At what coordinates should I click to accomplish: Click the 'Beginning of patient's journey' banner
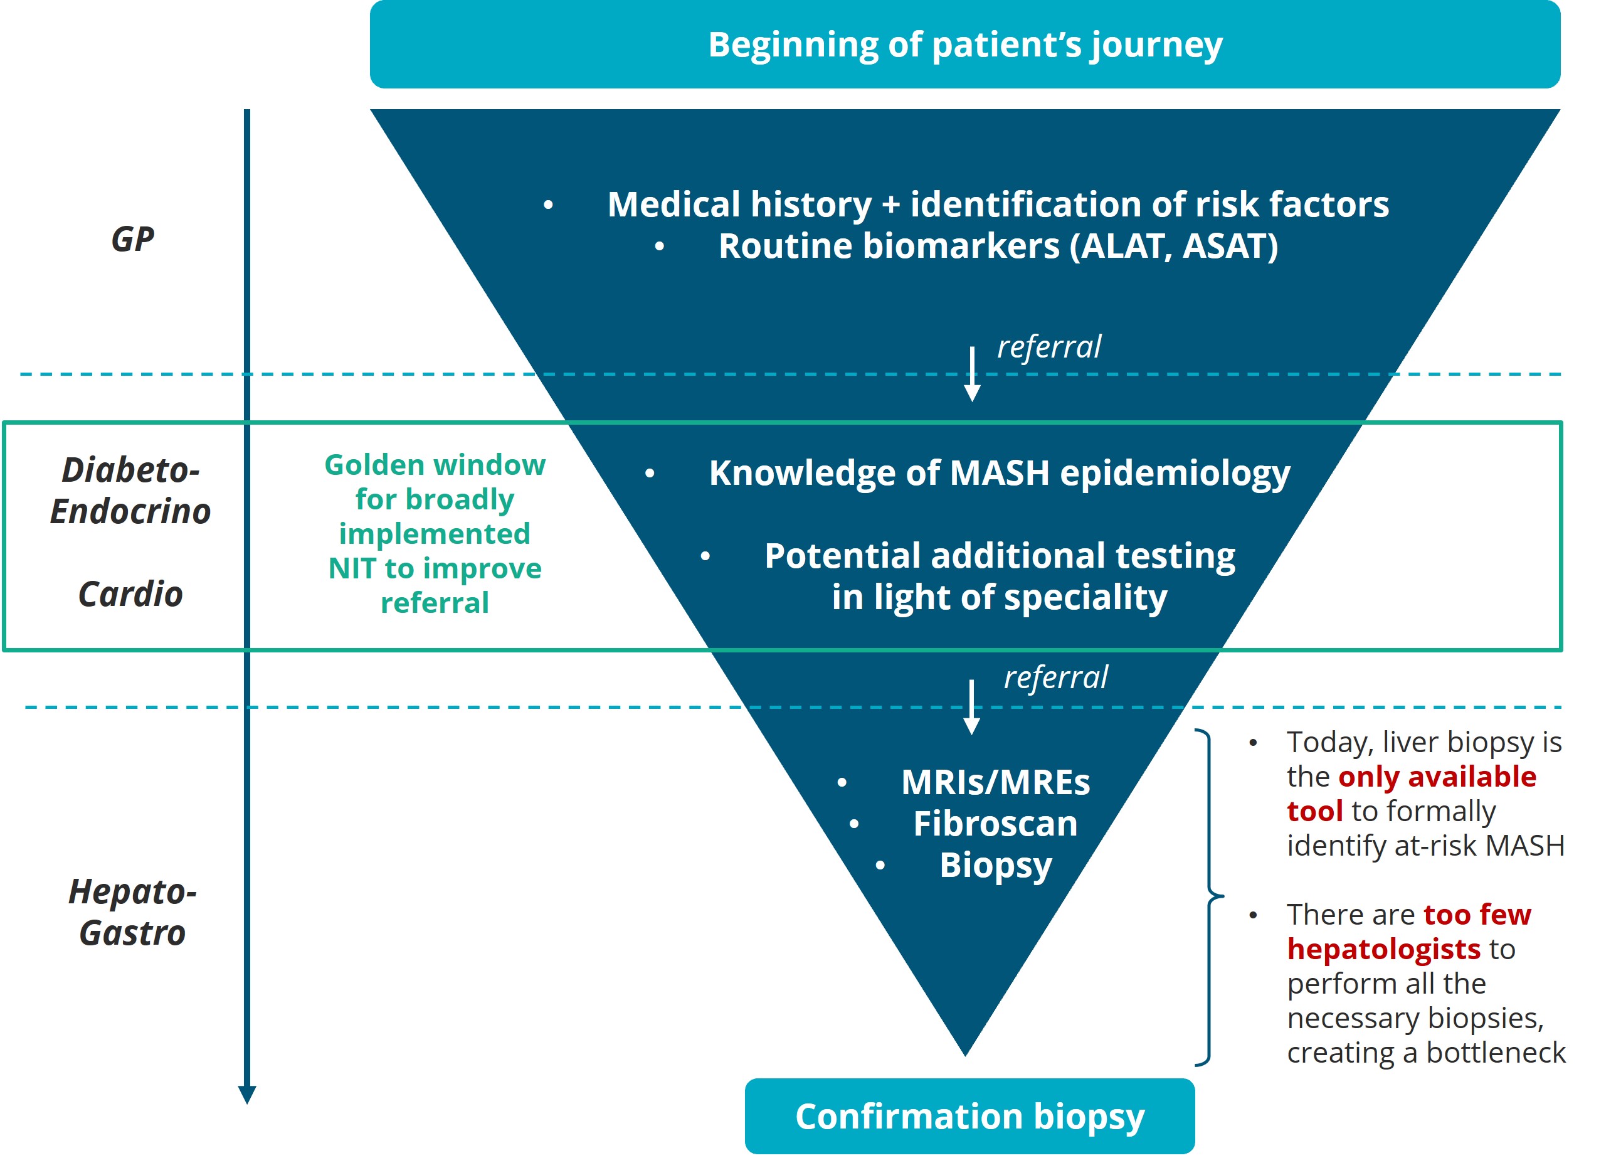[964, 44]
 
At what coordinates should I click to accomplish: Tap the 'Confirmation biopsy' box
[969, 1116]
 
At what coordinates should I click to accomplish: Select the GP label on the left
[132, 239]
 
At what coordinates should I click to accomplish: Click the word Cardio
[130, 593]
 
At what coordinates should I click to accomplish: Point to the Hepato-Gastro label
[132, 912]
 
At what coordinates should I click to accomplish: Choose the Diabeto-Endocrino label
[130, 491]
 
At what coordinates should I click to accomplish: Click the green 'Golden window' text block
[435, 533]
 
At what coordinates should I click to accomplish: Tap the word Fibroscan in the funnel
[995, 824]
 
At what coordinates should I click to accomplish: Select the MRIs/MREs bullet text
[995, 782]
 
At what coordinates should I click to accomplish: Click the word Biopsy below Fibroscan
[995, 865]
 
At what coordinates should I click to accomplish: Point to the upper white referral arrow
[972, 374]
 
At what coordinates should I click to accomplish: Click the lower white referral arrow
[971, 707]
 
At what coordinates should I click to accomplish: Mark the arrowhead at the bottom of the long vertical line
[247, 1094]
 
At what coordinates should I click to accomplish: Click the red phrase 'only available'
[1437, 777]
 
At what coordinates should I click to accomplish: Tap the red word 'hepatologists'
[1384, 949]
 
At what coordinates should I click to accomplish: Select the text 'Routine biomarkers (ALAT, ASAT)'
[998, 246]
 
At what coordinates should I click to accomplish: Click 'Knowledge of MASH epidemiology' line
[999, 472]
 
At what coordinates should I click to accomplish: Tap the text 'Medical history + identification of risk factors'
[998, 205]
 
